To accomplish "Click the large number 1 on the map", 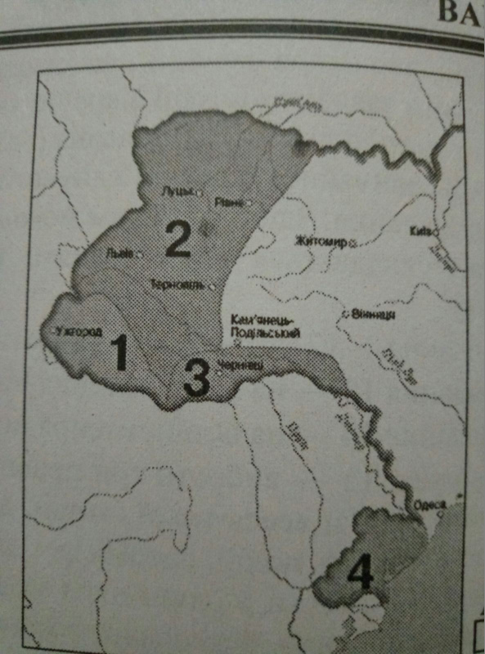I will (119, 353).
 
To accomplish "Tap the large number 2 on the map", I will (177, 238).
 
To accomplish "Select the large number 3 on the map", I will (195, 379).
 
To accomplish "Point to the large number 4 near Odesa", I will (358, 572).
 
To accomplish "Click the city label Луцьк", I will (177, 191).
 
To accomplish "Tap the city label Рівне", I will (228, 201).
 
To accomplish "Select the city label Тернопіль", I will (178, 284).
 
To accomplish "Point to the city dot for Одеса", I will (442, 513).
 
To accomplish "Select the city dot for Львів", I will (140, 254).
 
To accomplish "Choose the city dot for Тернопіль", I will (211, 286).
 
